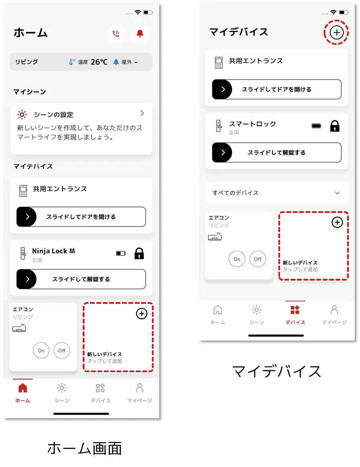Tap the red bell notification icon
[140, 33]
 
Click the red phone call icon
[116, 33]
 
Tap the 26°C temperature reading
[99, 62]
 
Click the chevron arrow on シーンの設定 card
[142, 113]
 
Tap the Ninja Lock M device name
[54, 251]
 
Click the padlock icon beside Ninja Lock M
[139, 253]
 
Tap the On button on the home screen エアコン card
[41, 351]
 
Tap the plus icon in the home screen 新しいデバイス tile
[142, 314]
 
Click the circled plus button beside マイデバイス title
[336, 32]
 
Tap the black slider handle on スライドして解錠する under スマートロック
[222, 152]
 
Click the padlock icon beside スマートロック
[335, 126]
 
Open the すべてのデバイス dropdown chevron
[337, 193]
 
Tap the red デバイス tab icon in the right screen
[295, 310]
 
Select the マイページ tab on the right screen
[334, 315]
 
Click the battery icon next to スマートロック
[316, 126]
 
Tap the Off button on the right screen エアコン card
[258, 259]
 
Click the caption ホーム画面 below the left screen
[84, 449]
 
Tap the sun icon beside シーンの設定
[22, 115]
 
